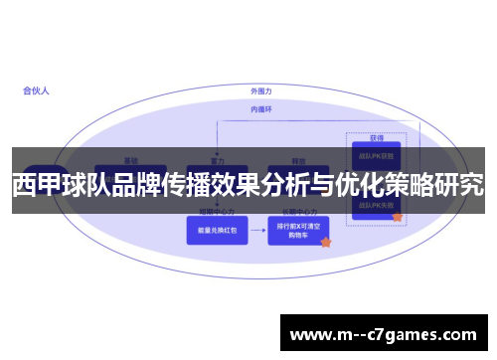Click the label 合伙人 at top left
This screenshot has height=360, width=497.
pos(36,90)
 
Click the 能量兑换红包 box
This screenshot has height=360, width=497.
pos(217,231)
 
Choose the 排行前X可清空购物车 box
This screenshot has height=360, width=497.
pos(297,231)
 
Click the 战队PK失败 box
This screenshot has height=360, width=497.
pos(374,205)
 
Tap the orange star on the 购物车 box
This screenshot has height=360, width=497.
pos(325,242)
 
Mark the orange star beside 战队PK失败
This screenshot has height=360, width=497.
pos(397,216)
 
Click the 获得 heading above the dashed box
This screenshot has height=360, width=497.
pos(377,138)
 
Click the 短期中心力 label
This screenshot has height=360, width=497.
pos(217,213)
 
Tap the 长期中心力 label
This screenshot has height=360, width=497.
pos(297,213)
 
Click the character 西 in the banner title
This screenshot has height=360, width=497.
pos(24,185)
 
